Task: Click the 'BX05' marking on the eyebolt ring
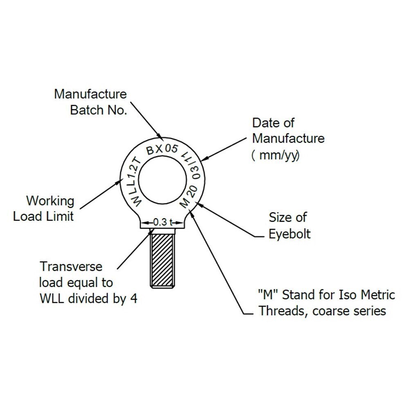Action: point(162,149)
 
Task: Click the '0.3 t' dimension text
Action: point(162,222)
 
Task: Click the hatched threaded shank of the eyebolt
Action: point(162,261)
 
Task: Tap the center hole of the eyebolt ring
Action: point(162,180)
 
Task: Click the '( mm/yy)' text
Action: point(275,156)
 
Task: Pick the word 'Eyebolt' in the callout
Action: point(290,234)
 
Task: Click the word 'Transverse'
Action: point(71,267)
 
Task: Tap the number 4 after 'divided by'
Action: point(134,299)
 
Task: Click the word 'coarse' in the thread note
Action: point(330,311)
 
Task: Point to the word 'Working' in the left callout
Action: point(50,201)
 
